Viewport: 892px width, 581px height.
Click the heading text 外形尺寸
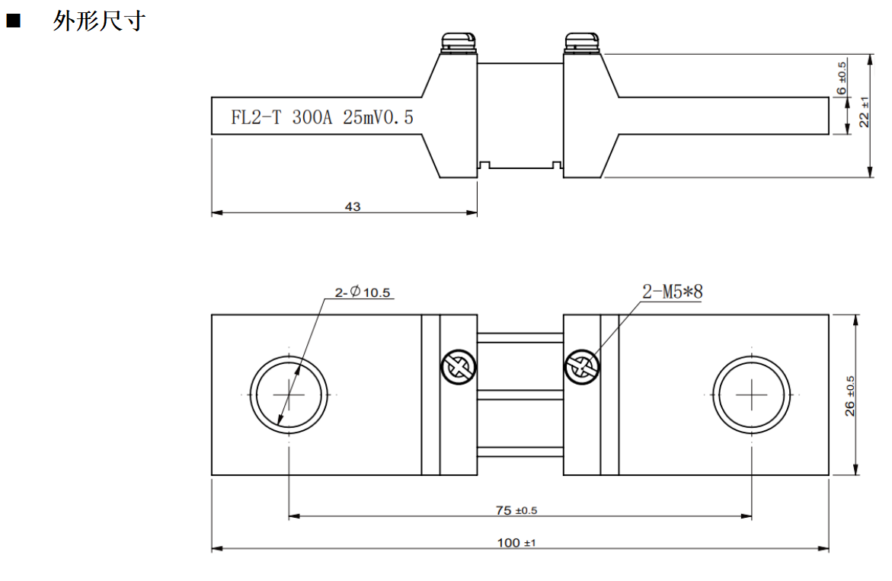[x=98, y=21]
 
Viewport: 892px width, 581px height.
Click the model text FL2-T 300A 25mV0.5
[x=322, y=117]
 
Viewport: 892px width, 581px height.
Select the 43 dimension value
[x=352, y=206]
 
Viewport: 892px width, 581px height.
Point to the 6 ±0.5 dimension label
[x=842, y=78]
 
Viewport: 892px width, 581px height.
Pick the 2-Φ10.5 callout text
[x=363, y=292]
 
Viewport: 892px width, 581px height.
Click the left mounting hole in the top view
[x=289, y=394]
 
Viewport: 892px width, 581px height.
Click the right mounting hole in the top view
[x=752, y=394]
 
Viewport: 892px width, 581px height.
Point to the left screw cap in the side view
[x=458, y=40]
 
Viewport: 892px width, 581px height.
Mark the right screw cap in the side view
[x=582, y=40]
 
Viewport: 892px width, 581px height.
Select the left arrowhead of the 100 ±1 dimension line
[x=216, y=548]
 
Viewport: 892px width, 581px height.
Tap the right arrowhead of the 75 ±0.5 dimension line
[x=748, y=516]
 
